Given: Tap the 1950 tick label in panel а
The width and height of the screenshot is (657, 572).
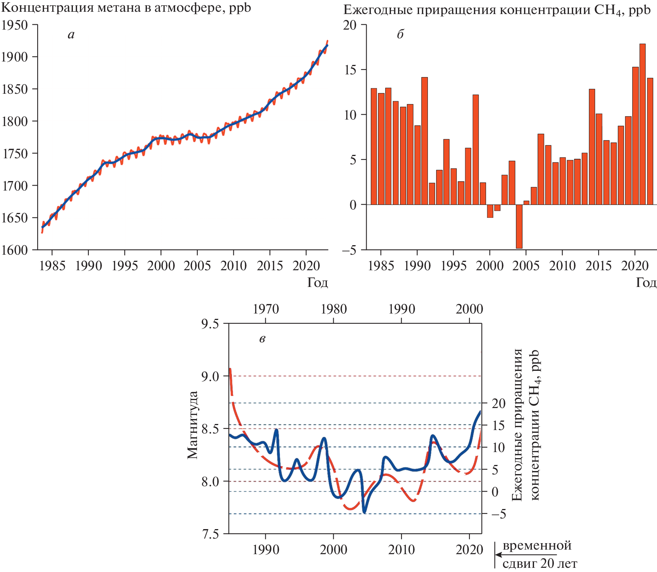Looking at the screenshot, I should click(14, 25).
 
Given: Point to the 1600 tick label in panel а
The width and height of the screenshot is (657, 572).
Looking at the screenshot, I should click(14, 250).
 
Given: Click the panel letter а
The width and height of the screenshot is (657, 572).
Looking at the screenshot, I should click(71, 35).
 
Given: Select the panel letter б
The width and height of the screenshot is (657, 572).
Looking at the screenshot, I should click(400, 35).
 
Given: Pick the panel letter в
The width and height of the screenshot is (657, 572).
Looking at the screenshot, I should click(262, 339).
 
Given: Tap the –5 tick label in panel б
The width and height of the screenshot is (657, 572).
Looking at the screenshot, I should click(349, 250).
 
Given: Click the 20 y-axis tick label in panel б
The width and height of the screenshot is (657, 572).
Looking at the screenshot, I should click(350, 25).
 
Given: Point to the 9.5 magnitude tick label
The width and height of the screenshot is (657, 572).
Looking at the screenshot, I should click(210, 324).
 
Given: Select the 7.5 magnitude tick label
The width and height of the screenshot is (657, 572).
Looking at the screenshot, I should click(210, 534).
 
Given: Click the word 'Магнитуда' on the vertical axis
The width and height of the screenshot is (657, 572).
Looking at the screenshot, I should click(193, 425).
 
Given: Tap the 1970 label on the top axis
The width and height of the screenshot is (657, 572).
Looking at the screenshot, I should click(266, 309).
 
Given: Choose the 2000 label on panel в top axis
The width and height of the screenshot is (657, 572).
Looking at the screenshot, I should click(470, 309).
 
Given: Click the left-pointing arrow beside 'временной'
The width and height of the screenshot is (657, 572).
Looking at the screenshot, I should click(499, 555).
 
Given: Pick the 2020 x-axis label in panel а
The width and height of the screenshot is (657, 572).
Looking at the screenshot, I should click(306, 266).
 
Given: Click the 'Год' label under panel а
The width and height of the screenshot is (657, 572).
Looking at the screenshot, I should click(317, 282).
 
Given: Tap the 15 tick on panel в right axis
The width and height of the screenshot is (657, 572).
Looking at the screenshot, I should click(498, 425).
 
